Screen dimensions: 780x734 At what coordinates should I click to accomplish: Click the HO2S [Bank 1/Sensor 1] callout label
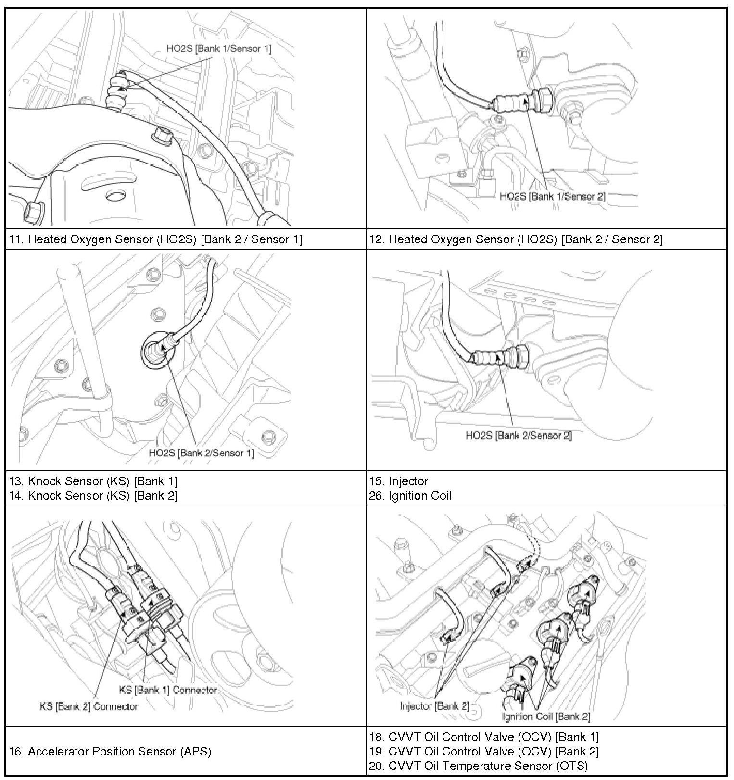click(x=219, y=49)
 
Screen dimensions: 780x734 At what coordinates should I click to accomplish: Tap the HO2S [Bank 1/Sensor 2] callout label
click(x=552, y=196)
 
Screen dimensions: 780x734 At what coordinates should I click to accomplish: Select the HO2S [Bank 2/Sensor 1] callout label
click(x=201, y=453)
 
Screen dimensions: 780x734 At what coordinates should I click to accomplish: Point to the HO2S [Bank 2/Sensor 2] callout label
click(x=519, y=436)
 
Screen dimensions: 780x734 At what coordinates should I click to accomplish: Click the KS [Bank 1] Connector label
click(x=168, y=690)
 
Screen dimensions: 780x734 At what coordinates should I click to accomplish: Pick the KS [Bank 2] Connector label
click(x=89, y=706)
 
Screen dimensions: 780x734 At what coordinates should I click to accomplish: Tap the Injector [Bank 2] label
click(x=434, y=706)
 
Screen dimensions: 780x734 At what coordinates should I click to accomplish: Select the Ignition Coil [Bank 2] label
click(x=546, y=717)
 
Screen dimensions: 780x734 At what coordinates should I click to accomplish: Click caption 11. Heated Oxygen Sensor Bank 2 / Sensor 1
click(x=155, y=239)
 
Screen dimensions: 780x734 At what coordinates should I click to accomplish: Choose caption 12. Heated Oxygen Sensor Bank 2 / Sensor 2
click(x=516, y=239)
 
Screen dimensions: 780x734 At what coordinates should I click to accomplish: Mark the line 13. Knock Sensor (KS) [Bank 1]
click(x=93, y=481)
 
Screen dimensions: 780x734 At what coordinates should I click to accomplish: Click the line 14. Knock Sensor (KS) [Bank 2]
click(x=93, y=495)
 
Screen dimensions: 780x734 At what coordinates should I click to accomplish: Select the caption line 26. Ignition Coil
click(x=410, y=495)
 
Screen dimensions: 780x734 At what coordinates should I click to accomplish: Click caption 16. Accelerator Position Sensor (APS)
click(x=110, y=751)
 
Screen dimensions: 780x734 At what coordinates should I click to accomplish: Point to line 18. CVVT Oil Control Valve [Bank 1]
click(x=484, y=737)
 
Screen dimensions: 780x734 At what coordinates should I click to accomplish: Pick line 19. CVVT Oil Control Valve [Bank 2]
click(x=484, y=751)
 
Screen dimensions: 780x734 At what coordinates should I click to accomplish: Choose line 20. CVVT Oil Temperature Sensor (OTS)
click(x=478, y=766)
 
